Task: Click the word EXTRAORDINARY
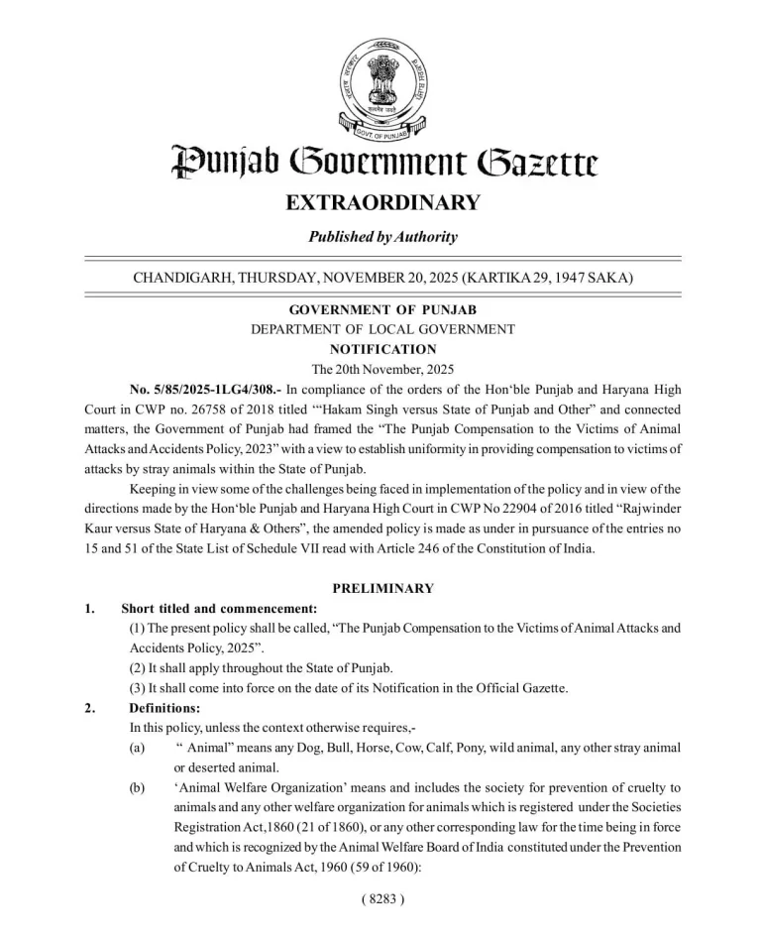click(382, 203)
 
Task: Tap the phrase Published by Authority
click(382, 237)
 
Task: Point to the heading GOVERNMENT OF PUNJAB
click(382, 310)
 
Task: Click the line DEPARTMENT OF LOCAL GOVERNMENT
click(382, 329)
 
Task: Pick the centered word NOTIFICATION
click(382, 349)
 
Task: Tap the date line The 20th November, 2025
click(382, 369)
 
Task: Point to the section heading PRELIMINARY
click(382, 588)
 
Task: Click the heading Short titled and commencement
click(219, 608)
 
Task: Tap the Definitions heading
click(164, 708)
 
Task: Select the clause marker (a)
click(137, 748)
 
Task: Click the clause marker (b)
click(137, 787)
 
